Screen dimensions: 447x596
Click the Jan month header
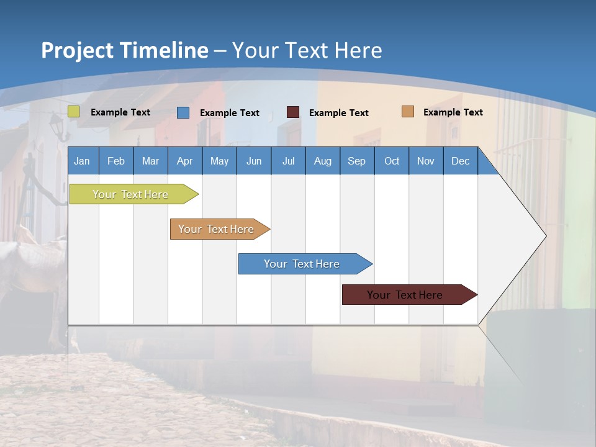tap(82, 161)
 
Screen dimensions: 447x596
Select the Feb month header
tap(116, 161)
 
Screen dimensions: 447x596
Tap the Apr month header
tap(184, 161)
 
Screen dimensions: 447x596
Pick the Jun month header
tap(254, 161)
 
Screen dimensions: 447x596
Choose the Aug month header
tap(322, 161)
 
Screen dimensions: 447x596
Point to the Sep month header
tap(356, 161)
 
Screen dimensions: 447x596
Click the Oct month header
tap(392, 161)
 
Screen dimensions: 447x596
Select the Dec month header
tap(460, 161)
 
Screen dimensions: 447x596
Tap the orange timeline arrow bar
tap(217, 229)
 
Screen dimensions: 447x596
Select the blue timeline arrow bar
tap(303, 264)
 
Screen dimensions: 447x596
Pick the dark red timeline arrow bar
tap(407, 295)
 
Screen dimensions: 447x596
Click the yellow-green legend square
tap(74, 112)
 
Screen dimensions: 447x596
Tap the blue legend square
tap(183, 112)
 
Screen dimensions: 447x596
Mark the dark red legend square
tap(293, 112)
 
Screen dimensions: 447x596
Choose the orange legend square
tap(408, 112)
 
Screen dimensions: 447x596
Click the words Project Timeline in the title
tap(125, 50)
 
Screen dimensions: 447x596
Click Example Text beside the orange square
tap(453, 112)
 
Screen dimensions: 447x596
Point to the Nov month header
tap(425, 161)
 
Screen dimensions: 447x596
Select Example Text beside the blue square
tap(229, 113)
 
